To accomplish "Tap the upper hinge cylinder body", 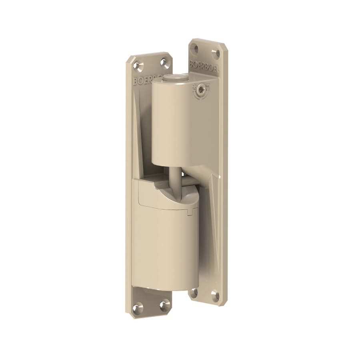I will tap(170, 124).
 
